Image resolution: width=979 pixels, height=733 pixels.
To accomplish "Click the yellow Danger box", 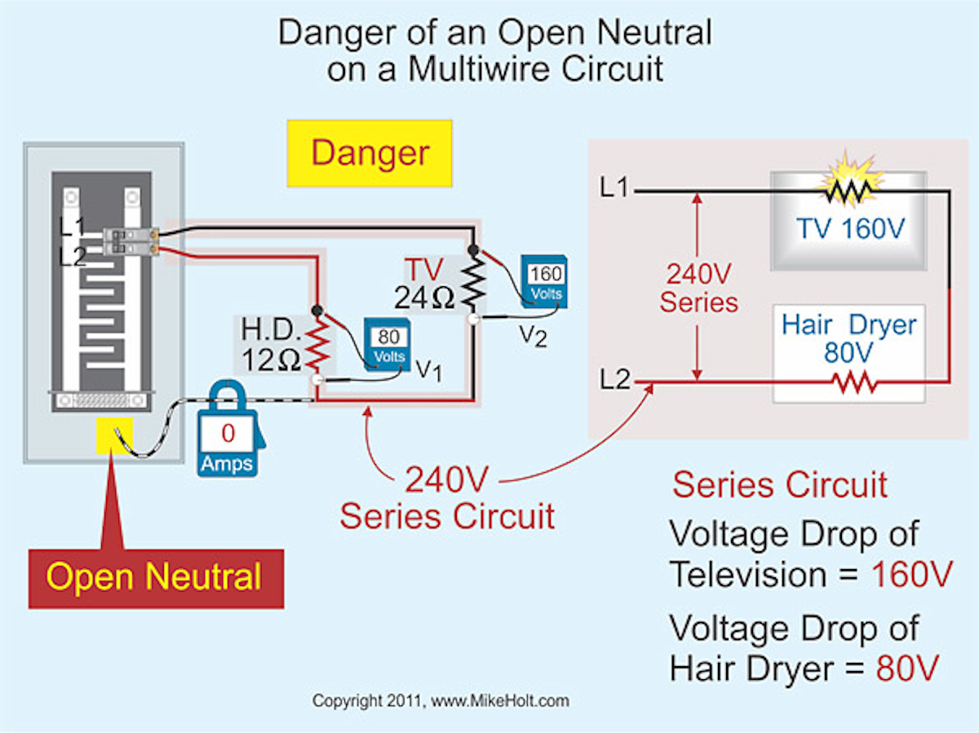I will tap(370, 153).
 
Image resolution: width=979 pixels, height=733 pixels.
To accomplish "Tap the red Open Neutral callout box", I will tap(156, 577).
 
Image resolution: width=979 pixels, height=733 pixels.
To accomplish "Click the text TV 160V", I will tap(850, 227).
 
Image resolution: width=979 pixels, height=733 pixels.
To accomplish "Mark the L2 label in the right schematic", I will tap(614, 380).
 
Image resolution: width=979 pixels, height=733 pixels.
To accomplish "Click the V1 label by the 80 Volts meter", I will tap(429, 371).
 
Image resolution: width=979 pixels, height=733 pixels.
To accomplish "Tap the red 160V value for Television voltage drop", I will tap(911, 575).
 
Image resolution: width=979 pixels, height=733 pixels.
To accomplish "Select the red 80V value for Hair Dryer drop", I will tap(906, 669).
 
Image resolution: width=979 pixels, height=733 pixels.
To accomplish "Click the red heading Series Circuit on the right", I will tap(780, 485).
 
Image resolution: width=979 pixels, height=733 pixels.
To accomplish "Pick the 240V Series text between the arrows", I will tap(698, 287).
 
